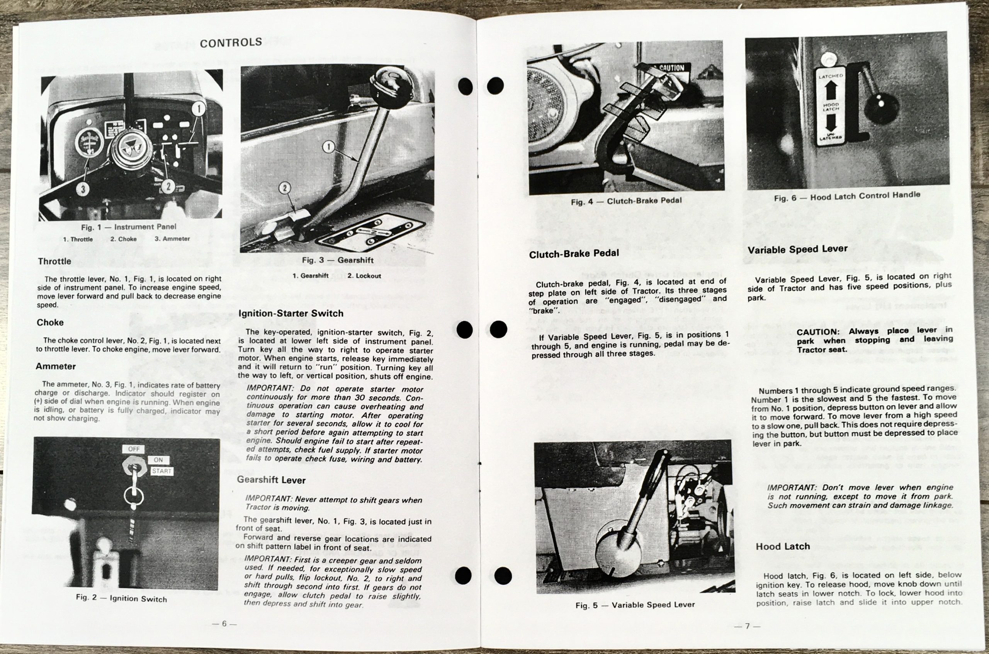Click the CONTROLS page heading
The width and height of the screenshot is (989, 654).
tap(231, 42)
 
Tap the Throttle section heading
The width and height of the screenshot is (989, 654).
tap(54, 261)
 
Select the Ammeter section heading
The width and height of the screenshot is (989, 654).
tap(56, 366)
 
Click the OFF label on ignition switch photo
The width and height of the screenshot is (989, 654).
tap(134, 449)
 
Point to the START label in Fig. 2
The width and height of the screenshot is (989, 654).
tap(161, 471)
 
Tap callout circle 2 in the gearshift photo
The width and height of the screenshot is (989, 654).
tap(284, 188)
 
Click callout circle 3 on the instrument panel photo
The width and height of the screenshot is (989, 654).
tap(83, 189)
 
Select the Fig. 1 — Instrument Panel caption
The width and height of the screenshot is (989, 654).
tap(129, 227)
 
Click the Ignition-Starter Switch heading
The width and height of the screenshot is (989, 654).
tap(291, 313)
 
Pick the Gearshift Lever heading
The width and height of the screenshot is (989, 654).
tap(271, 480)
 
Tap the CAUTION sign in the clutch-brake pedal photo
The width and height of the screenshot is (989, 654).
tap(671, 68)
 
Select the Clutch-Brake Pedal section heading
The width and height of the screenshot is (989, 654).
tap(574, 253)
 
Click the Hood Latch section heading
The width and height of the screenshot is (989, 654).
tap(783, 546)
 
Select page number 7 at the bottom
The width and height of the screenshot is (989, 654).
tap(748, 626)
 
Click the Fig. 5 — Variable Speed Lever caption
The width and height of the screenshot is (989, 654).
tap(635, 605)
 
